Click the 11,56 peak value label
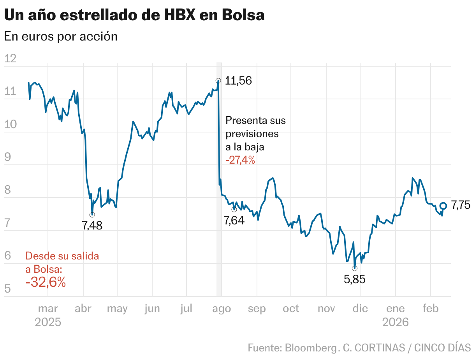[x=238, y=81]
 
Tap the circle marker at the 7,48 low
[x=92, y=215]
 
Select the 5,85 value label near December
[x=355, y=279]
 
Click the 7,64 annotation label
[x=234, y=221]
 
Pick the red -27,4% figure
[x=240, y=160]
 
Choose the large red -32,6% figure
[x=46, y=282]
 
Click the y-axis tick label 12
[x=10, y=59]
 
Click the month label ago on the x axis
[x=222, y=309]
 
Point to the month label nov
[x=326, y=309]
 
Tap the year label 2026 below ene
[x=395, y=323]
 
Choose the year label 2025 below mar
[x=48, y=323]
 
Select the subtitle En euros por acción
[x=61, y=36]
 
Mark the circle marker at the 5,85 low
[x=354, y=268]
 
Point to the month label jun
[x=152, y=309]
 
